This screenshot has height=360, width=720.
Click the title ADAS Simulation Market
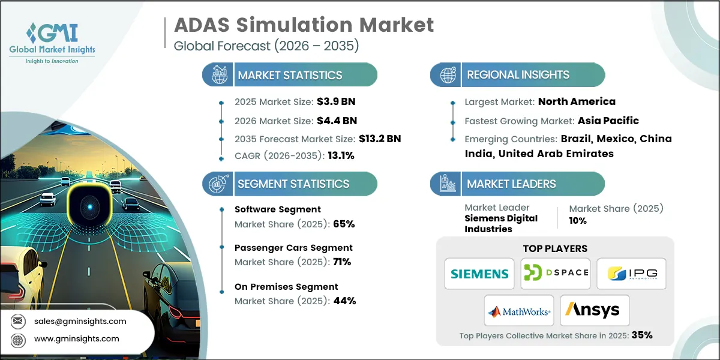tap(304, 25)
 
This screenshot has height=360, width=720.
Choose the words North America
tap(577, 101)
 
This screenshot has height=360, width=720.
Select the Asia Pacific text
tap(608, 121)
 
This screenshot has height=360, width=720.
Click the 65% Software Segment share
tap(344, 224)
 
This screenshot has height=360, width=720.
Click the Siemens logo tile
tap(479, 274)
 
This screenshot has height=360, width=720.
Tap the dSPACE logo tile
tap(555, 274)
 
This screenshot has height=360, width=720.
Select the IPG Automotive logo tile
tap(631, 274)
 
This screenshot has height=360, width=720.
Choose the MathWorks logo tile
tap(518, 311)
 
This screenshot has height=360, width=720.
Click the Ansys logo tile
tap(595, 311)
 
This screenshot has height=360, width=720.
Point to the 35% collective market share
tap(641, 335)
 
